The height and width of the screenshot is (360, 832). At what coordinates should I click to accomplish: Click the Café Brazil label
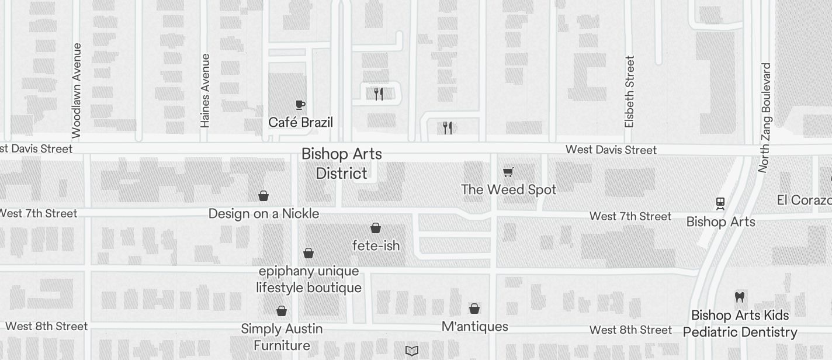(300, 122)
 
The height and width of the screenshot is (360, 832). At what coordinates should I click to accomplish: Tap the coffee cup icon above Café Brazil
(300, 105)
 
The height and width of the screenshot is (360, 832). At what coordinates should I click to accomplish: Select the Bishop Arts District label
(342, 164)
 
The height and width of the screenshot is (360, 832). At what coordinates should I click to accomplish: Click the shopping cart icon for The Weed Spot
(508, 172)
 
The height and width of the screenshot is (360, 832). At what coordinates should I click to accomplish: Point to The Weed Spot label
(508, 189)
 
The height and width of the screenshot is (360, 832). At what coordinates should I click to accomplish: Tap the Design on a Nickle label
(264, 213)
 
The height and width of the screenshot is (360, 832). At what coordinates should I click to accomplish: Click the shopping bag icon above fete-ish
(376, 228)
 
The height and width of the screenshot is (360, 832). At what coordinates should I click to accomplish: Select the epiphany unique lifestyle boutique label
(308, 279)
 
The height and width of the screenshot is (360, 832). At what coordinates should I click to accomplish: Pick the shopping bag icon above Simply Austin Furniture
(282, 311)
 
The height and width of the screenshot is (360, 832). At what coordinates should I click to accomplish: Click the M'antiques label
(474, 326)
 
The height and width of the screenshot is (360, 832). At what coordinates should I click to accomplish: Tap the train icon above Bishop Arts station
(720, 203)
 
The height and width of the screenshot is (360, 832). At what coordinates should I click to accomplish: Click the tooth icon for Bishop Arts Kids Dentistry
(740, 297)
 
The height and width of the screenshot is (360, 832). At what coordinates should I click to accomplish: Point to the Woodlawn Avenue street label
(77, 91)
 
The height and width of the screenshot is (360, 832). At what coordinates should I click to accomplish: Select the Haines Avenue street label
(205, 91)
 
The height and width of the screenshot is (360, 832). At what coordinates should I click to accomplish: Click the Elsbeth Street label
(629, 92)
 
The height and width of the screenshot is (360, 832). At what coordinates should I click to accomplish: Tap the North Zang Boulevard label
(765, 117)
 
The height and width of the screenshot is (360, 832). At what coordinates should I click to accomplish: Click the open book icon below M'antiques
(412, 351)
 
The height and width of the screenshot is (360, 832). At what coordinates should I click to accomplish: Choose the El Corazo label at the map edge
(804, 200)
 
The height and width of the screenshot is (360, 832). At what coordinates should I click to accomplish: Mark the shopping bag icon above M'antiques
(474, 308)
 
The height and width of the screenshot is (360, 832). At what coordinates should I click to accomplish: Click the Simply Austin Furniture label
(282, 337)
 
